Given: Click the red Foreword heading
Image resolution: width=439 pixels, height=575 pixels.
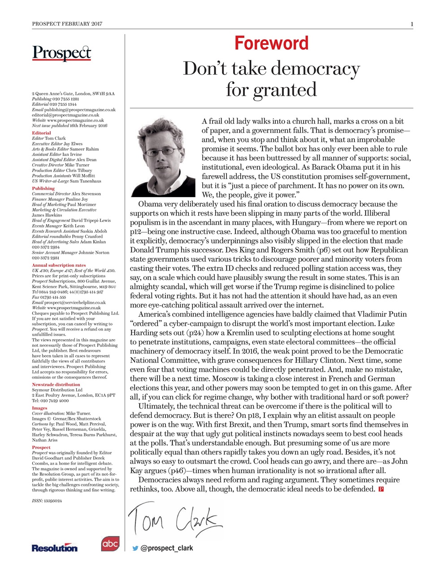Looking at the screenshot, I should coord(271,44).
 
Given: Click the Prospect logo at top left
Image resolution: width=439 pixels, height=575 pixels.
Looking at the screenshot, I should coord(61,53).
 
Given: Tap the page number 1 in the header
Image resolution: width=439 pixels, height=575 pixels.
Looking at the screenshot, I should coord(412,24).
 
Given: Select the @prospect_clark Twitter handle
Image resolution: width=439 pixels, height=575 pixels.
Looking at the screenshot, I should coord(167,548).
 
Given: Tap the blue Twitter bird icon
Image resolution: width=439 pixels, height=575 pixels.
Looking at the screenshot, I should coord(135,548).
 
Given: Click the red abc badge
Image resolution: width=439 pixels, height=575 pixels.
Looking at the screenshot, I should coord(110,544).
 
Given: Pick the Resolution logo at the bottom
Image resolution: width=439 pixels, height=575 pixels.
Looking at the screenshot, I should coord(54,548).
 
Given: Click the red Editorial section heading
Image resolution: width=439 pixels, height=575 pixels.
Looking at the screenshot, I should coord(41,133).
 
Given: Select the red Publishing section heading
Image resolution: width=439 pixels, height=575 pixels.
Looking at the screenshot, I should coord(43,189).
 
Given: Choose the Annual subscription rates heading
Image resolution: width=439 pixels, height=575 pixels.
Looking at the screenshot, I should coord(58,265).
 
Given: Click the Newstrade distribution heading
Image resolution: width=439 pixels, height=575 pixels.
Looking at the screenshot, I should coord(56,385).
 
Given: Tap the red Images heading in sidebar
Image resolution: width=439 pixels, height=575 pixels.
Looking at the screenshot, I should coord(39,408).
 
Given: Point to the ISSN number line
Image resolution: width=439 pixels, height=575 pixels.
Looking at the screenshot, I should coord(47,501).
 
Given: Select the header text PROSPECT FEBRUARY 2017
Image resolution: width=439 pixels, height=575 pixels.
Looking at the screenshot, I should coord(67,24).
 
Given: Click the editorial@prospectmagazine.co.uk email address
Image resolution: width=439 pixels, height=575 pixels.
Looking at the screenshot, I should coord(65,115).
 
